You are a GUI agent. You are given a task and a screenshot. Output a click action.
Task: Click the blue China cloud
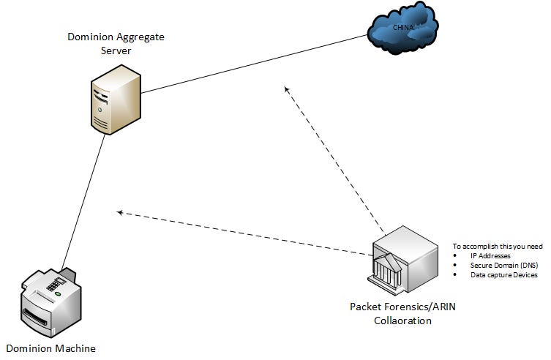pyautogui.click(x=402, y=31)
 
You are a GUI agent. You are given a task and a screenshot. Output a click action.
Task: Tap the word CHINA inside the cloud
pyautogui.click(x=403, y=28)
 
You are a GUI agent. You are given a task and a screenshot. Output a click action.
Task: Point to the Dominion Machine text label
pyautogui.click(x=51, y=348)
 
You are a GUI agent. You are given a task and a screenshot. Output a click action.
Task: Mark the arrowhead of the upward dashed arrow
pyautogui.click(x=287, y=89)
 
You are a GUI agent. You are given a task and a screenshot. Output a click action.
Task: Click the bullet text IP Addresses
pyautogui.click(x=490, y=255)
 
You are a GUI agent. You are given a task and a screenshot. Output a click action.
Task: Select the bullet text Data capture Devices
pyautogui.click(x=503, y=275)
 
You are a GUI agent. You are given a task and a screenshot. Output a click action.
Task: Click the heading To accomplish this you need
pyautogui.click(x=497, y=246)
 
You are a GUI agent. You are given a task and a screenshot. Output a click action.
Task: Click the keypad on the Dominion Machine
pyautogui.click(x=52, y=281)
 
